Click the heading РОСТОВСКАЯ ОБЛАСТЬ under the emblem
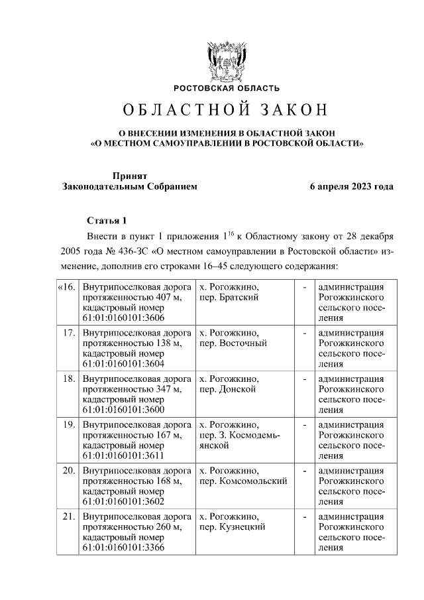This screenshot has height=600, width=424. (227, 88)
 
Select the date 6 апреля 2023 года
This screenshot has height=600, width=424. (352, 186)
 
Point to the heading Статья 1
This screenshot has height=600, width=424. (106, 220)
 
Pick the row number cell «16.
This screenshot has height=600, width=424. (66, 287)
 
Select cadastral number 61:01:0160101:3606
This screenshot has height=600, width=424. (123, 318)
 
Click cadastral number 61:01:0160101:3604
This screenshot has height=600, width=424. (123, 364)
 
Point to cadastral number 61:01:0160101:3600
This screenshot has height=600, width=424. (123, 410)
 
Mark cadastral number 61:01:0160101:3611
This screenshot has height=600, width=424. (123, 455)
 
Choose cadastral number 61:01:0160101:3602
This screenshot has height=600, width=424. (123, 501)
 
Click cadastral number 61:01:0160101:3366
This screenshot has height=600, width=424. (123, 548)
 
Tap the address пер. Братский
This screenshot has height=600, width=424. (228, 298)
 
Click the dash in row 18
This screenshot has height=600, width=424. (304, 379)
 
